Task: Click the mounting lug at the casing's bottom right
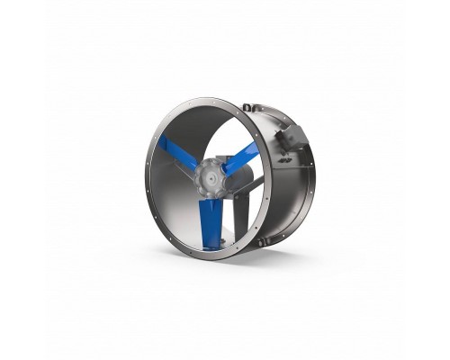[261, 241]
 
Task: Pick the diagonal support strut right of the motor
[254, 185]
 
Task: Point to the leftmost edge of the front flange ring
[144, 176]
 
